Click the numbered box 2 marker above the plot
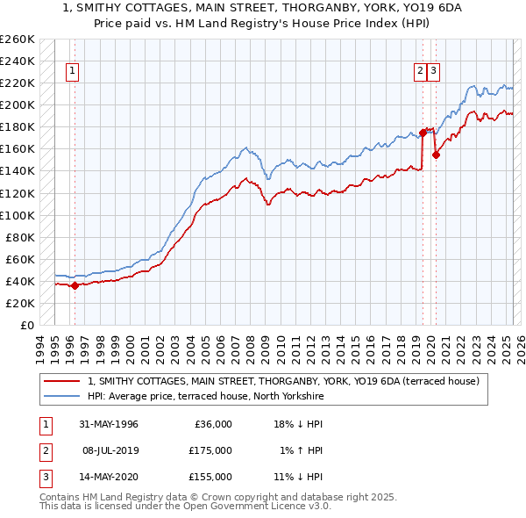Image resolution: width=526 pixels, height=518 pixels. coord(421,72)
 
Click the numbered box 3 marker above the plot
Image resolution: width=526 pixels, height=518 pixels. coord(434,72)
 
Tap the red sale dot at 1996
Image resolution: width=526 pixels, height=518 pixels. coord(75,284)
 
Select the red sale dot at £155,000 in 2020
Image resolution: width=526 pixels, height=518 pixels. coord(436,154)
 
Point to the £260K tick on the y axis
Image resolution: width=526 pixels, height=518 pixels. coord(18,39)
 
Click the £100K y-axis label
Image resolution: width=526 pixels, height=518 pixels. coord(18,215)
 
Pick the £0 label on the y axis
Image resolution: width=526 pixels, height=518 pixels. coord(26,325)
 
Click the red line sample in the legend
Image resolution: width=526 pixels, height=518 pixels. coord(62,382)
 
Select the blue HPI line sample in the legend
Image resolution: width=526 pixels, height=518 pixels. coord(62,397)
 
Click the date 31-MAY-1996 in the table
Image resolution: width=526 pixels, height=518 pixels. coord(108,424)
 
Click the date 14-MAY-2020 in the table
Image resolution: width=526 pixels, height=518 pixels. coord(108,477)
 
